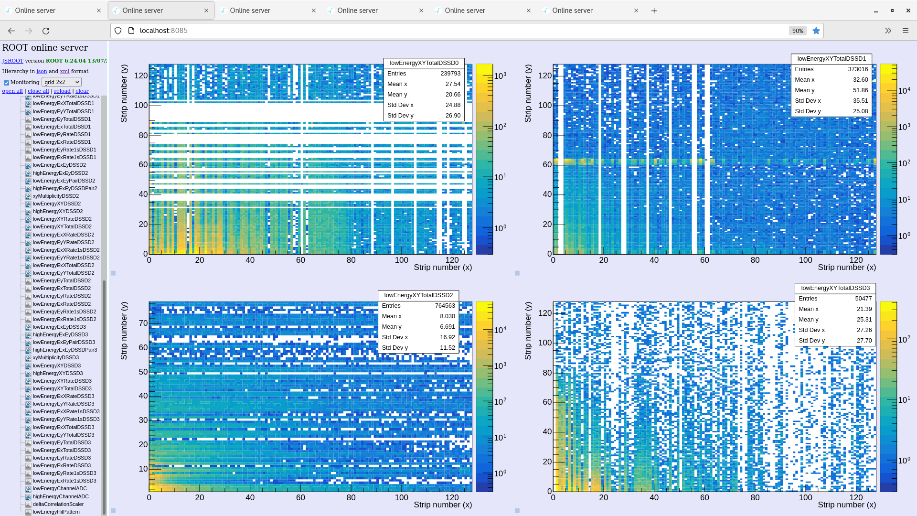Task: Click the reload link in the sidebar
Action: click(x=62, y=91)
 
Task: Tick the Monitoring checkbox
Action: click(x=7, y=83)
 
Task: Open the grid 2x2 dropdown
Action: click(x=62, y=82)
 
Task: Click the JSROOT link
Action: click(x=12, y=61)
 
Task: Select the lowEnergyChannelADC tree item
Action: click(x=60, y=488)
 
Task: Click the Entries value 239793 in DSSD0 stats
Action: click(x=450, y=74)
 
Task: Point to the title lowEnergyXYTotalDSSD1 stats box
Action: click(x=831, y=59)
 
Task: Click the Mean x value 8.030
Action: click(x=447, y=316)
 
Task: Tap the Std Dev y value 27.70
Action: click(x=864, y=341)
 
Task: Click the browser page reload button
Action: click(x=46, y=31)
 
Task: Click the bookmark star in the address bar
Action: click(x=816, y=31)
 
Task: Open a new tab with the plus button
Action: click(x=654, y=11)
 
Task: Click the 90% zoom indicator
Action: click(x=798, y=31)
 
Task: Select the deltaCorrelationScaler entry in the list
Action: click(x=58, y=504)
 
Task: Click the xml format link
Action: click(x=64, y=71)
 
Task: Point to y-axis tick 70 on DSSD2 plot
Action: click(x=143, y=323)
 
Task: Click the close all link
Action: click(x=38, y=91)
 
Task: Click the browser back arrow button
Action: click(x=11, y=31)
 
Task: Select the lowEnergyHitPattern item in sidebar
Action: click(x=56, y=512)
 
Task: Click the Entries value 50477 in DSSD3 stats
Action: click(x=863, y=299)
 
